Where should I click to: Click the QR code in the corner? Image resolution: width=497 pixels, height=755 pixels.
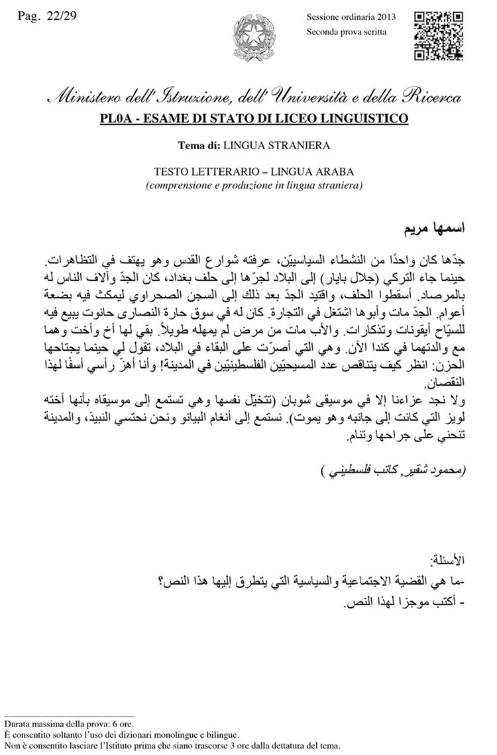pos(438,36)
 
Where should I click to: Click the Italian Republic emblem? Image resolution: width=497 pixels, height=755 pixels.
pos(248,38)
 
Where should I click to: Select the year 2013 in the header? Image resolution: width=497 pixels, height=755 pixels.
pos(384,17)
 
